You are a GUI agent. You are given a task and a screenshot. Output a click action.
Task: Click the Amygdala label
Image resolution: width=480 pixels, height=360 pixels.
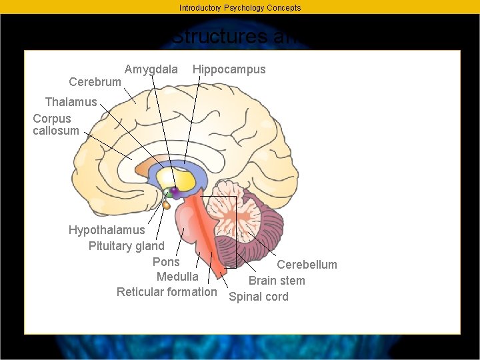[x=151, y=69]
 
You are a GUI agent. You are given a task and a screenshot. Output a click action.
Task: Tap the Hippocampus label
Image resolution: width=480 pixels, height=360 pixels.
[x=229, y=69]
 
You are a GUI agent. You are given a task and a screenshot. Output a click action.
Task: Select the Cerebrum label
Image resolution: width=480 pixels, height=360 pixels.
[x=95, y=82]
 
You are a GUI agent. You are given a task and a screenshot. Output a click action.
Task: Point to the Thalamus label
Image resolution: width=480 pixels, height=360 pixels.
[x=71, y=102]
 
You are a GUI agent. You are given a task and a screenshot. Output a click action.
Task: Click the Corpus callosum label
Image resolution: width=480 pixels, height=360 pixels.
[x=55, y=125]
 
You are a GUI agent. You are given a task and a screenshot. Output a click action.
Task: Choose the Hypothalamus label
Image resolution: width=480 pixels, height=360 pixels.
[x=107, y=230]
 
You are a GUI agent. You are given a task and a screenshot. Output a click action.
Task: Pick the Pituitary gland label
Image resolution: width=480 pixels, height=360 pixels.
[x=127, y=246]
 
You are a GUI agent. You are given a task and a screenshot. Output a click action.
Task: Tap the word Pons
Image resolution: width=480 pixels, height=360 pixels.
[x=166, y=262]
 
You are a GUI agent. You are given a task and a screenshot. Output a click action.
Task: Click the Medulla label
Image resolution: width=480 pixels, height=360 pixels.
[x=177, y=277]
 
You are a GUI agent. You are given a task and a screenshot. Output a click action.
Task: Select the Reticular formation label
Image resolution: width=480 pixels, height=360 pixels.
[x=167, y=292]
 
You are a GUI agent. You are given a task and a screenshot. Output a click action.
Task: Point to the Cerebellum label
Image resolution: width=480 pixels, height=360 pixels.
[x=307, y=265]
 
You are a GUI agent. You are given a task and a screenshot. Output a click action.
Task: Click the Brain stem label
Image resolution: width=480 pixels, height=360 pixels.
[x=277, y=281]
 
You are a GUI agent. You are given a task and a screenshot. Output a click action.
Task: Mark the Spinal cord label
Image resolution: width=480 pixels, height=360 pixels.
[x=259, y=297]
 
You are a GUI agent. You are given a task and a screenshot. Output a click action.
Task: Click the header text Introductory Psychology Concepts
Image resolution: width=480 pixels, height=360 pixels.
[x=240, y=8]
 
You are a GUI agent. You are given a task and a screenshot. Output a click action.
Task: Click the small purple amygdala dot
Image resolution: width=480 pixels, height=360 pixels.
[x=174, y=191]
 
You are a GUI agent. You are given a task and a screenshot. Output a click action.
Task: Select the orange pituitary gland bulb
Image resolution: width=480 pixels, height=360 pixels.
[x=167, y=205]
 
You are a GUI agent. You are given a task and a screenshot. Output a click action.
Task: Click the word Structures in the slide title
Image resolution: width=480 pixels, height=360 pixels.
[x=220, y=37]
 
